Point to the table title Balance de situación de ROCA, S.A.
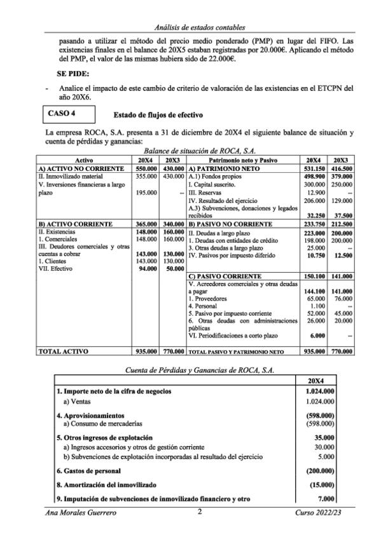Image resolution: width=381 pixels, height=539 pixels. [191, 153]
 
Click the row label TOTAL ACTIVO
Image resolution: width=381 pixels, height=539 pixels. [63, 351]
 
